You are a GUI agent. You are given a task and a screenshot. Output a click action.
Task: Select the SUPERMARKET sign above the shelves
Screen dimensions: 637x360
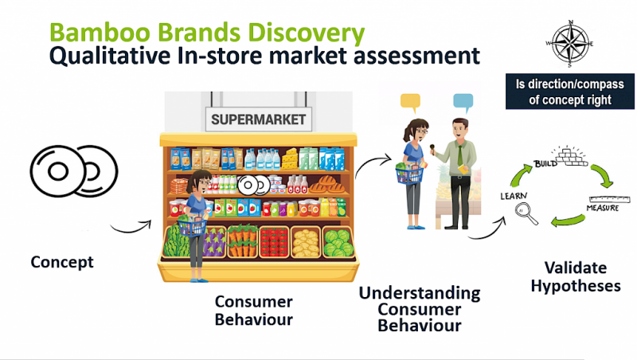click(258, 119)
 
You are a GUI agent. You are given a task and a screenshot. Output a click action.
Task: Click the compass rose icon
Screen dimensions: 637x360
click(569, 44)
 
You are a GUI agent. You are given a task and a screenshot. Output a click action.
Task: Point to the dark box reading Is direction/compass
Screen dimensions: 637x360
click(569, 92)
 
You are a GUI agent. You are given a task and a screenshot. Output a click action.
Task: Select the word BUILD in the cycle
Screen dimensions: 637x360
click(545, 163)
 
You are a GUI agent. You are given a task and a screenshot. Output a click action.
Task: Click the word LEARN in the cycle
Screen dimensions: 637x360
click(514, 196)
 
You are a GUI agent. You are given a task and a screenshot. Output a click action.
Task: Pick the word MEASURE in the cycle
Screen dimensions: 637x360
click(603, 208)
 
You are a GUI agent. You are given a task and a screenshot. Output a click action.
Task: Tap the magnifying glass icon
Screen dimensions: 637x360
click(526, 214)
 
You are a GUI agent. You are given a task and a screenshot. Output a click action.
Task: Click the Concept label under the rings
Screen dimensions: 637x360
click(62, 262)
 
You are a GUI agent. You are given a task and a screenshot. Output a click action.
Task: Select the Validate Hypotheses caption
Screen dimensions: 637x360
click(576, 276)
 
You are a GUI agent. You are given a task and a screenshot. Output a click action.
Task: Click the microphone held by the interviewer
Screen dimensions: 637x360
click(432, 149)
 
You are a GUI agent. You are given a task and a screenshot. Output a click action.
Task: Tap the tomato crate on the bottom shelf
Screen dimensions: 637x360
click(274, 242)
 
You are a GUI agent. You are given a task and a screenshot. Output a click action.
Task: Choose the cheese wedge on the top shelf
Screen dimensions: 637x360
click(290, 158)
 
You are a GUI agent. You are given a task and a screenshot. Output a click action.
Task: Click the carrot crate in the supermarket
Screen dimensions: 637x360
click(243, 241)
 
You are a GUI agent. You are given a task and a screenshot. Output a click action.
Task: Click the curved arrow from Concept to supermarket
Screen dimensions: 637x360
click(131, 229)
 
